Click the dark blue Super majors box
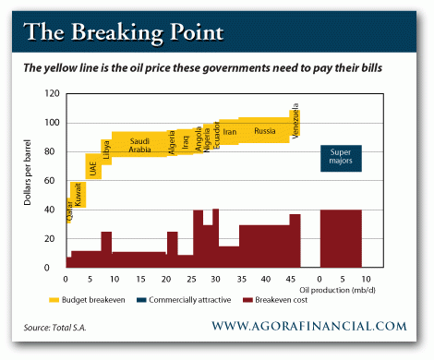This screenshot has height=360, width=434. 341,158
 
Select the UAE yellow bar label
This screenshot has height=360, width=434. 93,169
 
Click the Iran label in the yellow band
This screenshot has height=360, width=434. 230,132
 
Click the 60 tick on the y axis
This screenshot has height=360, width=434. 54,181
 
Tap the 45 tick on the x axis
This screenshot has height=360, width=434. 290,279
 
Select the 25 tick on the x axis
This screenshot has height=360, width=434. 190,279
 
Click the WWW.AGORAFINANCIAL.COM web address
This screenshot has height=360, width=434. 308,326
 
